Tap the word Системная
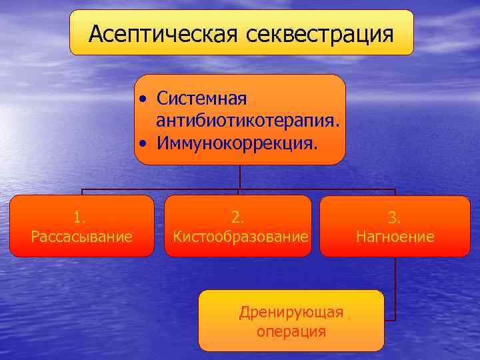pos(201,99)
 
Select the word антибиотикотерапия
pos(249,121)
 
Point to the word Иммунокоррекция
pos(237,143)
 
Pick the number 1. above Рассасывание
pos(80,217)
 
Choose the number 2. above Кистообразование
pos(238,217)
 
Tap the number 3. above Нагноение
pos(395,217)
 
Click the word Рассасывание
pos(81,236)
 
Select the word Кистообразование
pos(240,236)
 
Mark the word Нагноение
pos(395,236)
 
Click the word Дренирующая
pos(291,312)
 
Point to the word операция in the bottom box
pos(291,331)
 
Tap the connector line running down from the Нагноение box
pos(395,287)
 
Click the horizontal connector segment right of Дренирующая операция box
pos(390,321)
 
